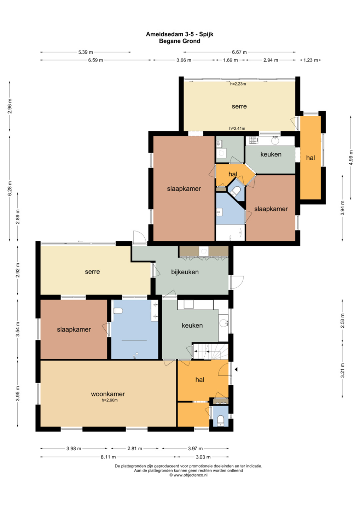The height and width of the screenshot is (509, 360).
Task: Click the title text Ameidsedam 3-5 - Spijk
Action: pos(180,34)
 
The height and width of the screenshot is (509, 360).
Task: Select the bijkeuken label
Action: pos(185,272)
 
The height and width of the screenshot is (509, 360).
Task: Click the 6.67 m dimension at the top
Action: pos(239,52)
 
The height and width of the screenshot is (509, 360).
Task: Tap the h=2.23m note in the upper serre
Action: pos(238,84)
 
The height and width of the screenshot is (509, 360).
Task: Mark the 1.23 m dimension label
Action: pos(311,60)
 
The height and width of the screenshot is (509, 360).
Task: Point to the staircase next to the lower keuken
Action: pos(210,352)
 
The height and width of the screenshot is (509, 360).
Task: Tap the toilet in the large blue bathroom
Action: pos(118,311)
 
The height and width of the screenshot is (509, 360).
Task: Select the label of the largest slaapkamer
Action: pos(184,189)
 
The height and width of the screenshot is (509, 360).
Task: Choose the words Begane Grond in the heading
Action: pos(180,41)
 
